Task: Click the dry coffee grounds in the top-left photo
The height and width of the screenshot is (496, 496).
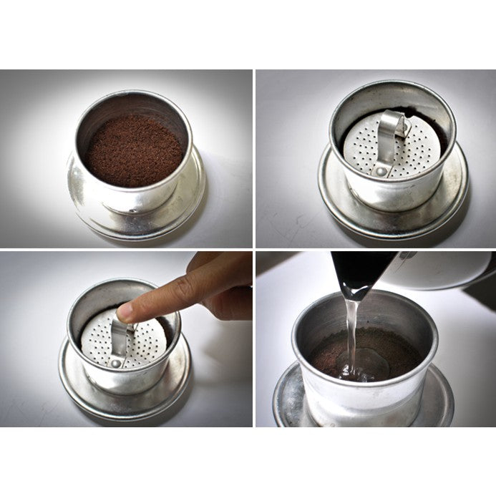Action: [x=133, y=150]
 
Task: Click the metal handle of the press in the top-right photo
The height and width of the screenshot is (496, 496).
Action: [x=390, y=136]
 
